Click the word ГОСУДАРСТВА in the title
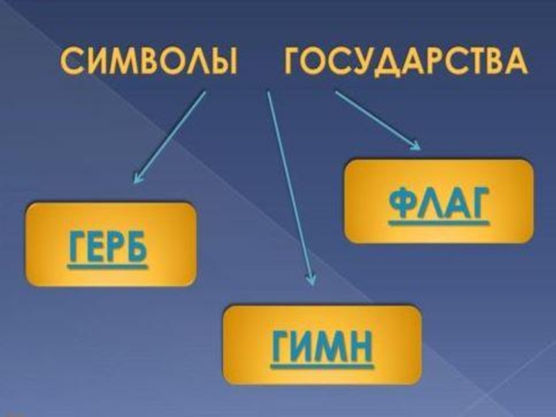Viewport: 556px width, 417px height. coord(406,65)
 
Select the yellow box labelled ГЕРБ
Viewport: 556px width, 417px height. coord(111,244)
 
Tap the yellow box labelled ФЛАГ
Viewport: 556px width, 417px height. coord(439,201)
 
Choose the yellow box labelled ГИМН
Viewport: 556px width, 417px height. coord(322,344)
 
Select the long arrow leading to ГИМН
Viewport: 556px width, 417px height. coord(290,188)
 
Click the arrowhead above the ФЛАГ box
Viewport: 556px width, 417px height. coord(416,145)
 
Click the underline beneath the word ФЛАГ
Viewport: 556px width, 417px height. coord(439,224)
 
